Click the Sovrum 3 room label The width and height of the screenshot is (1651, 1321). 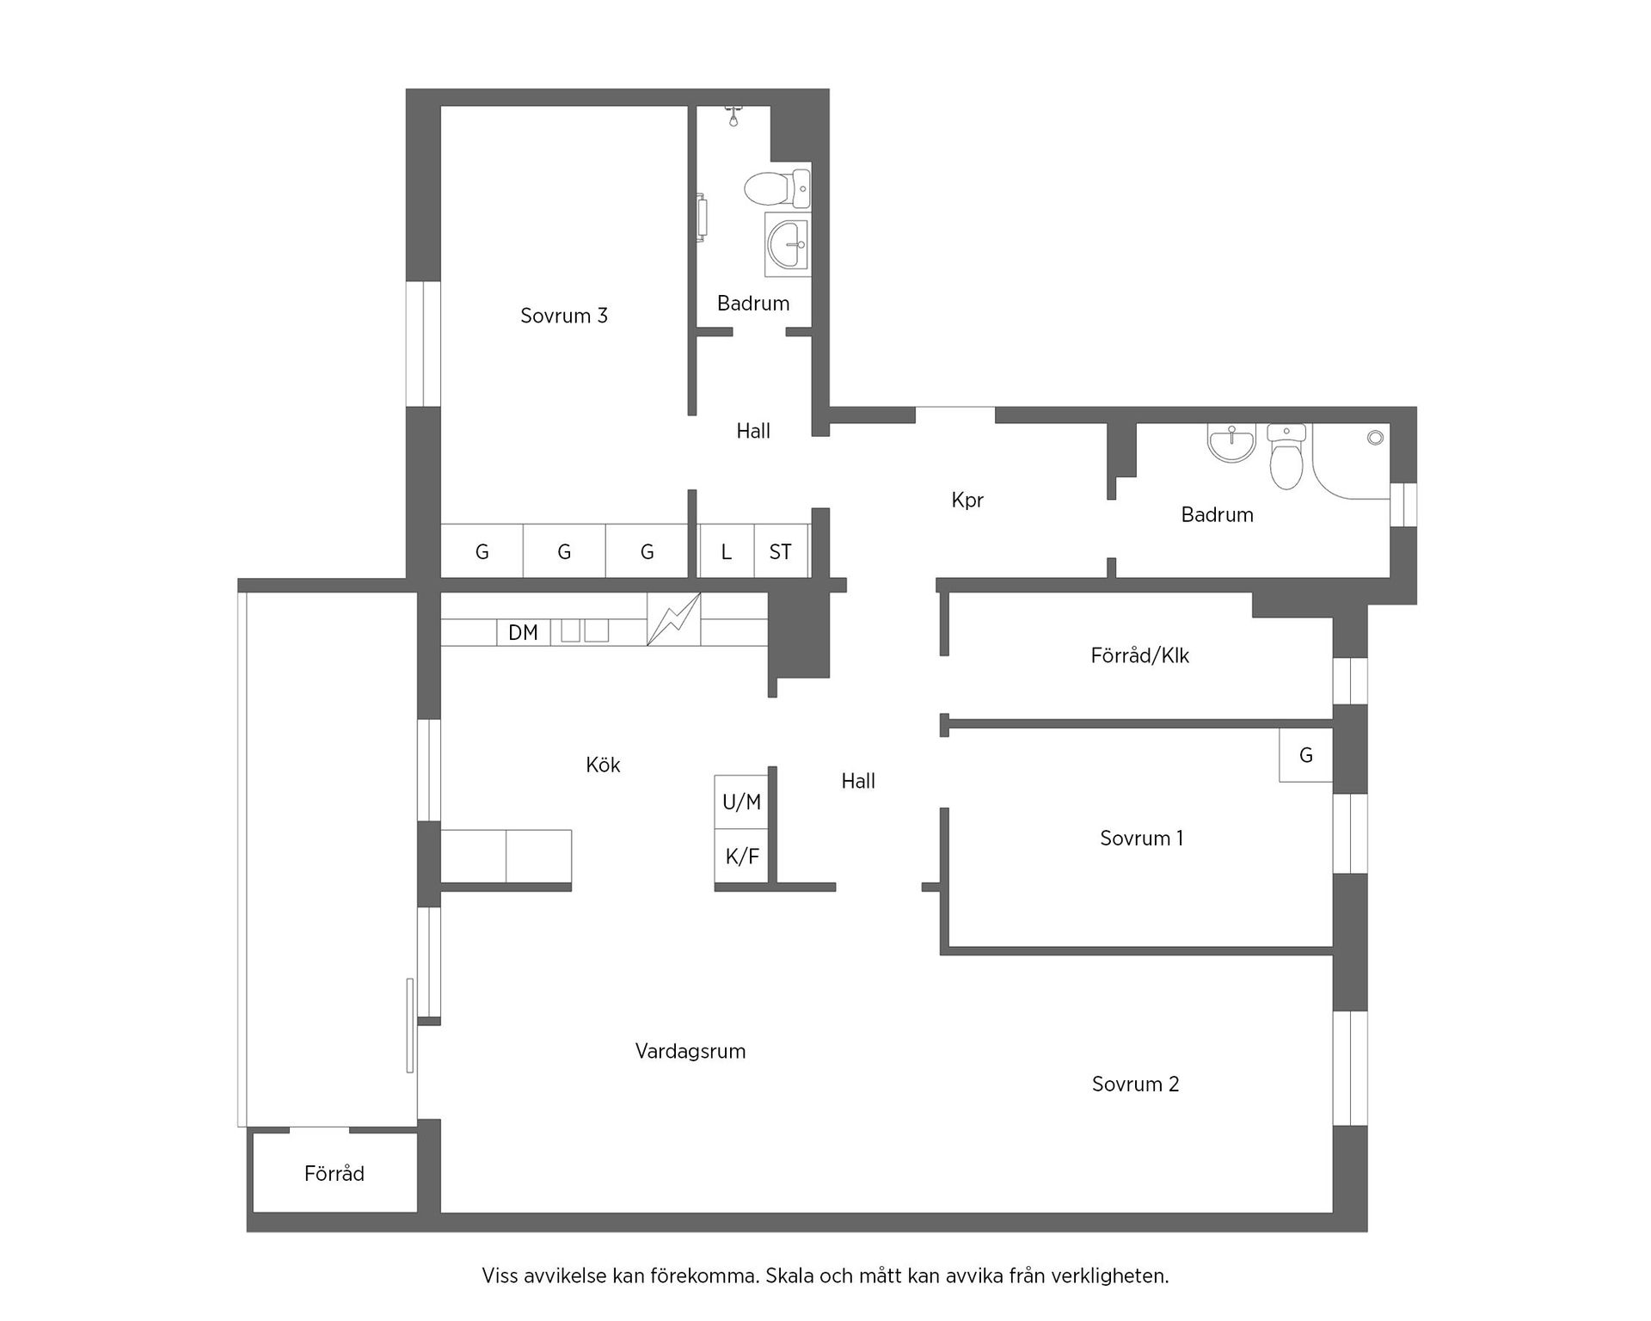[x=564, y=316]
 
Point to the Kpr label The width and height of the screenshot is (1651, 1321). [x=967, y=500]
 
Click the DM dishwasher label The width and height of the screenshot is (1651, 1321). [x=523, y=633]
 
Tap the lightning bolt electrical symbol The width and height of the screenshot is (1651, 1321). [x=673, y=619]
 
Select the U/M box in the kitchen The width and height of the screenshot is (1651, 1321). [x=741, y=802]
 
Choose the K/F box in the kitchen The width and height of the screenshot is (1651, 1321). [x=742, y=857]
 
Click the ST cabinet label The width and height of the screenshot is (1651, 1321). [x=781, y=552]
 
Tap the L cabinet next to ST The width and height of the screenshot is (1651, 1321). [x=727, y=552]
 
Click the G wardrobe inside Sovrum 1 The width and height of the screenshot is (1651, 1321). [x=1305, y=755]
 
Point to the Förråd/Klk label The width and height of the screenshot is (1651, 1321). [x=1140, y=656]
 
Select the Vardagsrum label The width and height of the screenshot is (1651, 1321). [x=690, y=1051]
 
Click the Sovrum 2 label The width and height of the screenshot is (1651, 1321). [x=1136, y=1084]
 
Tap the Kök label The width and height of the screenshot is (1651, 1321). [x=603, y=765]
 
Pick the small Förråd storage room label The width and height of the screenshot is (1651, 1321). [x=334, y=1174]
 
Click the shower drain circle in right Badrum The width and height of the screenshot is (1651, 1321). [x=1375, y=438]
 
